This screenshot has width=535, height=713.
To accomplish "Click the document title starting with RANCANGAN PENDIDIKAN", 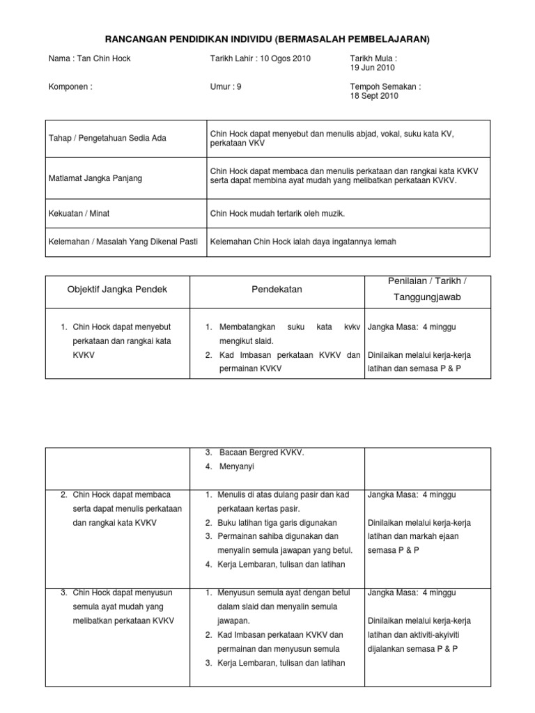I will tap(267, 40).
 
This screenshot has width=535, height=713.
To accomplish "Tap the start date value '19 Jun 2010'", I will tap(372, 68).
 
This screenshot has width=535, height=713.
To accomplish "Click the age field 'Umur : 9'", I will tap(226, 87).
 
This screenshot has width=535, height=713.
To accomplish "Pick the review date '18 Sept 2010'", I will tap(373, 97).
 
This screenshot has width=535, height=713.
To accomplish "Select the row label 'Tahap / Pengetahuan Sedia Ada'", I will tap(107, 138).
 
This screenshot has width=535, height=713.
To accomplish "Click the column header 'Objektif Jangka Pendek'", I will tap(117, 288).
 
